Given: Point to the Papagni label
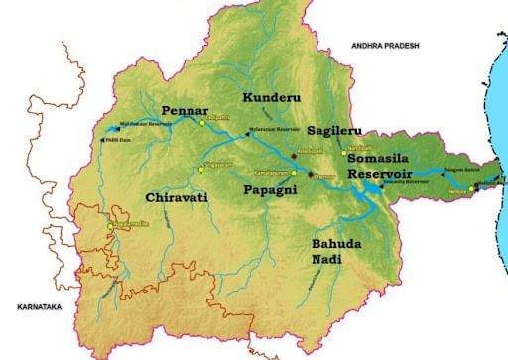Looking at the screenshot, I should (x=272, y=186).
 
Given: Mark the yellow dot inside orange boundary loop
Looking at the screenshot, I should (x=109, y=227).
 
